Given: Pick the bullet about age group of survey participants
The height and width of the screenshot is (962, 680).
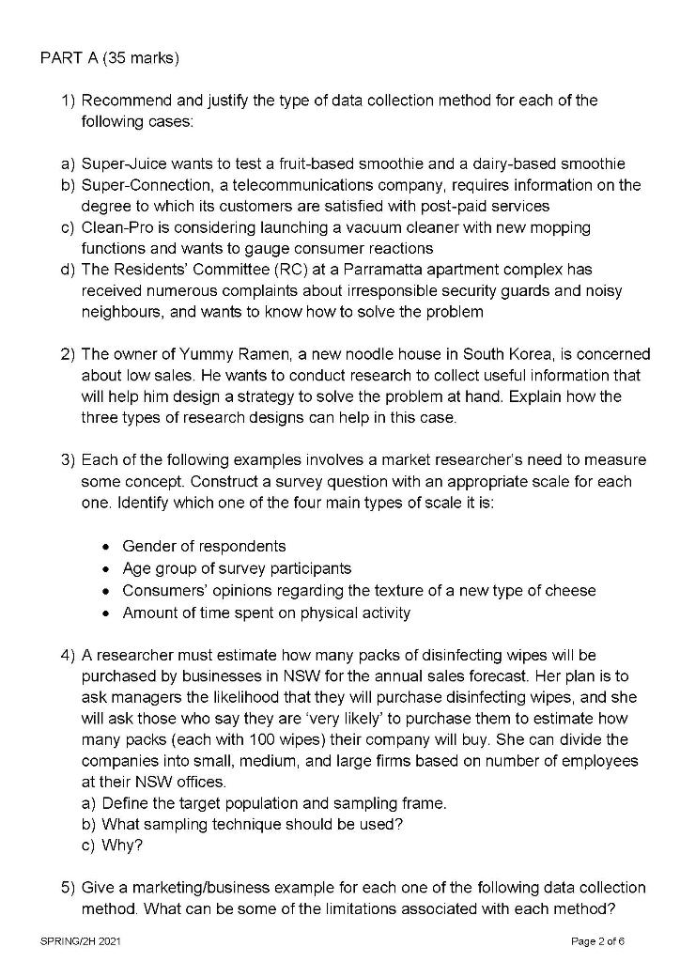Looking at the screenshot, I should click(x=237, y=568).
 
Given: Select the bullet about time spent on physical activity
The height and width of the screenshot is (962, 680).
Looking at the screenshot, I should click(x=267, y=613).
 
